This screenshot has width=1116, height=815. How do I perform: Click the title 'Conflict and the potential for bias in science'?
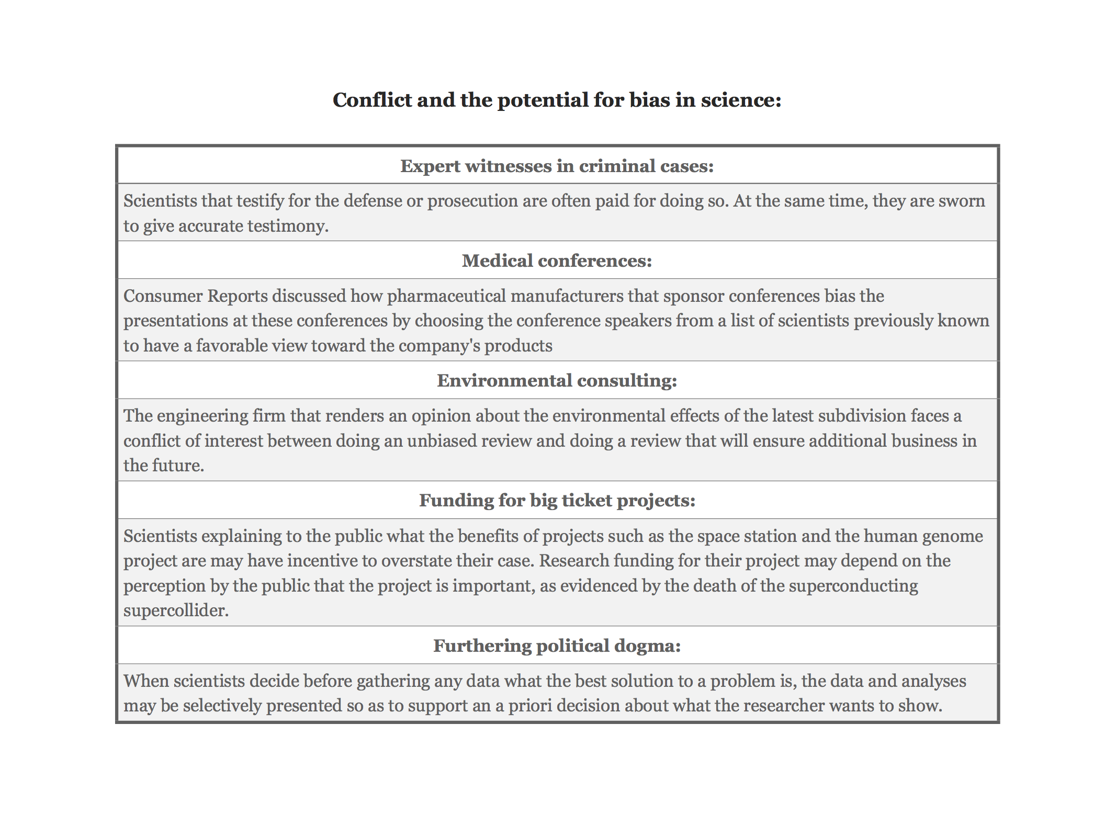click(557, 100)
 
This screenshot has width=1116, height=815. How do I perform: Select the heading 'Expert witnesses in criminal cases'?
click(557, 166)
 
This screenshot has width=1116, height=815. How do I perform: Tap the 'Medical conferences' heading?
click(557, 261)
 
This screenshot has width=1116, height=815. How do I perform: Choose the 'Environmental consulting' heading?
click(557, 380)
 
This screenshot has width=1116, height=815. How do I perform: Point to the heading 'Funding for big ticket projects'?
click(557, 501)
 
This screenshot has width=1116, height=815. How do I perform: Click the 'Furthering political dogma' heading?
click(557, 646)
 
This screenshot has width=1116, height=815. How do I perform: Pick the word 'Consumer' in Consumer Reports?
click(163, 296)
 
